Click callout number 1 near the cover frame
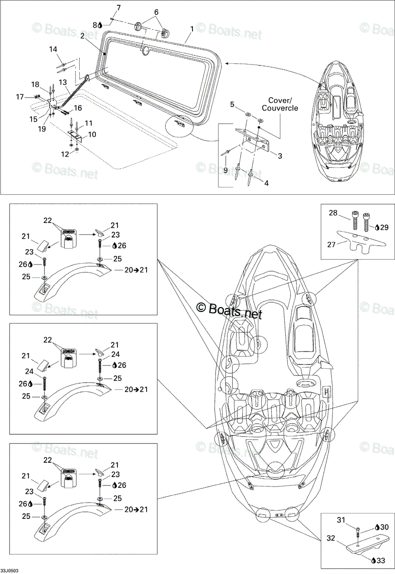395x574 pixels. pyautogui.click(x=192, y=29)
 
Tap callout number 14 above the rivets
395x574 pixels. pyautogui.click(x=53, y=49)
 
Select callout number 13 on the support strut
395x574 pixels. pyautogui.click(x=63, y=82)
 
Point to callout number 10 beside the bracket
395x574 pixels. pyautogui.click(x=92, y=134)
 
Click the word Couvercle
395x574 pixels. pyautogui.click(x=280, y=108)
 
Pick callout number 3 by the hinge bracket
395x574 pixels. pyautogui.click(x=280, y=155)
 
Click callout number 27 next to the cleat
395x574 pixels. pyautogui.click(x=331, y=244)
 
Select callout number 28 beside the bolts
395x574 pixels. pyautogui.click(x=333, y=213)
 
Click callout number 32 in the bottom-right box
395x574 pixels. pyautogui.click(x=331, y=538)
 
